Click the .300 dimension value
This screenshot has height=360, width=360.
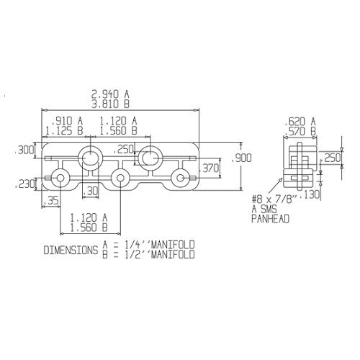[24, 150]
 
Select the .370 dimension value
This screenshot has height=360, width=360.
[210, 168]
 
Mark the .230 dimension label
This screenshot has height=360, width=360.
[24, 186]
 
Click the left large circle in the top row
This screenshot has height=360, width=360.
[90, 156]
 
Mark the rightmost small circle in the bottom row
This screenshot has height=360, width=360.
[179, 178]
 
